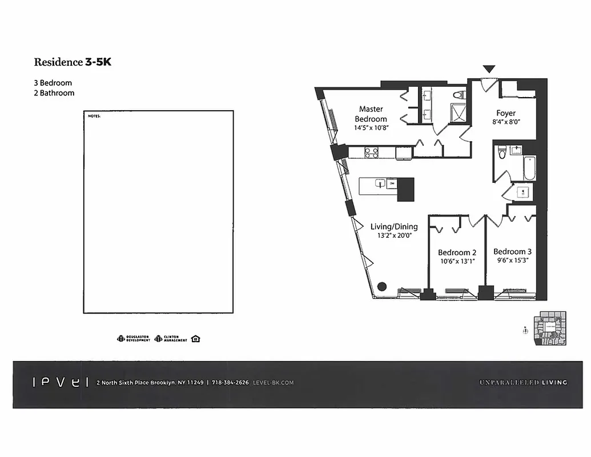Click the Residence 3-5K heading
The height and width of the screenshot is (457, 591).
tap(73, 62)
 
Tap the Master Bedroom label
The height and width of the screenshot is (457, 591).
tap(371, 114)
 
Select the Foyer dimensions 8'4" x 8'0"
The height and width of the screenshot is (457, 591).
tap(505, 122)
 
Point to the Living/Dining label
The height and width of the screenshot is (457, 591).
tap(393, 226)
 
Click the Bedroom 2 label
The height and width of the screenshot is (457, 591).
tap(457, 252)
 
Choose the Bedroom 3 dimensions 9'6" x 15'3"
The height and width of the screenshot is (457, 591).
tap(512, 260)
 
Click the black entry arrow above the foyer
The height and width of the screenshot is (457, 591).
tap(489, 69)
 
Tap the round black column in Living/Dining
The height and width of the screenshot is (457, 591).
tap(382, 287)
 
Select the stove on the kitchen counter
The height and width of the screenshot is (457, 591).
tap(371, 153)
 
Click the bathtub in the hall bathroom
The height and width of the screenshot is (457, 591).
tap(529, 169)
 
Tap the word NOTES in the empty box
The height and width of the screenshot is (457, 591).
tap(94, 116)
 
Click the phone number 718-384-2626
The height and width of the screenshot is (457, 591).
tap(231, 383)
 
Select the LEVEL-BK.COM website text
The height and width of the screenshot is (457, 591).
tap(273, 383)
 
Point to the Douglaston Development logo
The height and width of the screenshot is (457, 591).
tap(134, 338)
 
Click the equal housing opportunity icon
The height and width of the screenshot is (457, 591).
tap(196, 338)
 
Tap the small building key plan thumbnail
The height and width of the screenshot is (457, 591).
tap(551, 328)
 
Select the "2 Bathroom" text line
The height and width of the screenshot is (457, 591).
tap(54, 93)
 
